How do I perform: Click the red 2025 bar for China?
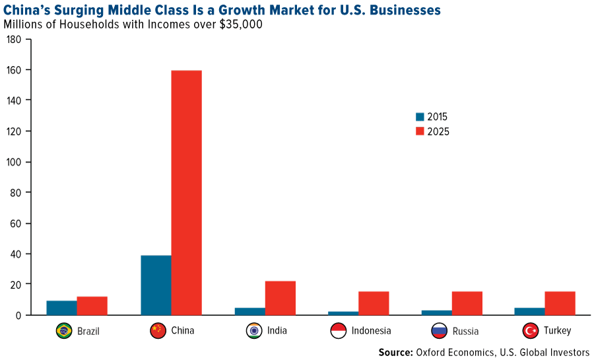(x=186, y=192)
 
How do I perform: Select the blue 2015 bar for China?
(x=156, y=285)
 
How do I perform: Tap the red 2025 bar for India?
(x=280, y=298)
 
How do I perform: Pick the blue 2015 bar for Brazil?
(x=61, y=308)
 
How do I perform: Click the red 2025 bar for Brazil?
(x=92, y=305)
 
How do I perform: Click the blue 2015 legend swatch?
(x=420, y=117)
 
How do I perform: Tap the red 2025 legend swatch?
(x=420, y=131)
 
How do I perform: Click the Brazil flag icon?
(x=64, y=331)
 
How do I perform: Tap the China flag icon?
(x=158, y=331)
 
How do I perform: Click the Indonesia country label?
(x=371, y=331)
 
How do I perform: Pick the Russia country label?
(x=466, y=331)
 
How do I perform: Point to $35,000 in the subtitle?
(x=236, y=24)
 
